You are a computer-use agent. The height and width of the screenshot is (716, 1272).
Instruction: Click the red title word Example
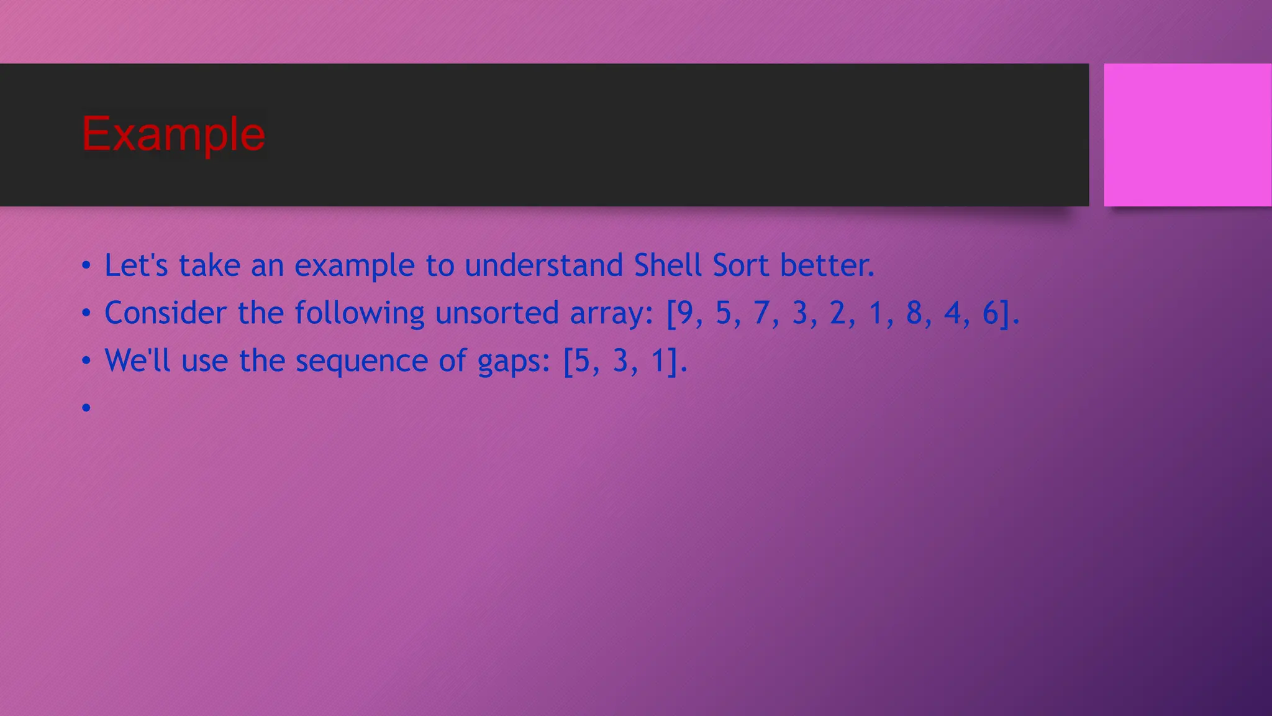pyautogui.click(x=173, y=134)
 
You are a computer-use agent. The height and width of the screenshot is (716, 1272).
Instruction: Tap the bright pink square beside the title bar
pyautogui.click(x=1187, y=135)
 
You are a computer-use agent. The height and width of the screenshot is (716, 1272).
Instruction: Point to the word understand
pyautogui.click(x=543, y=265)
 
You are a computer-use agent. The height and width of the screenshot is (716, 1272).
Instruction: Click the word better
pyautogui.click(x=827, y=265)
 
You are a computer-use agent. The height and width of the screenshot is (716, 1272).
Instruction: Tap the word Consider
pyautogui.click(x=165, y=313)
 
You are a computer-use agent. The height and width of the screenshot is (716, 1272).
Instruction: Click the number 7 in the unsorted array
pyautogui.click(x=762, y=313)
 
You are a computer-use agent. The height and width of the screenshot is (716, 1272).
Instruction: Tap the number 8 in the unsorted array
pyautogui.click(x=914, y=313)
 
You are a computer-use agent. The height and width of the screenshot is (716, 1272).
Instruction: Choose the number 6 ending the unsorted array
pyautogui.click(x=990, y=313)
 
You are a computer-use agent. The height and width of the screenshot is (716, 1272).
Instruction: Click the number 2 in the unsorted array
pyautogui.click(x=838, y=313)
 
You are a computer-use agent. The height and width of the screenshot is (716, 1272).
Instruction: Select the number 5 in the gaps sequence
pyautogui.click(x=582, y=360)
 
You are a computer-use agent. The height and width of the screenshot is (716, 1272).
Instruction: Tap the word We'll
pyautogui.click(x=137, y=360)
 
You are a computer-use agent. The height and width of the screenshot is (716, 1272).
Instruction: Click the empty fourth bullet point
pyautogui.click(x=86, y=408)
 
